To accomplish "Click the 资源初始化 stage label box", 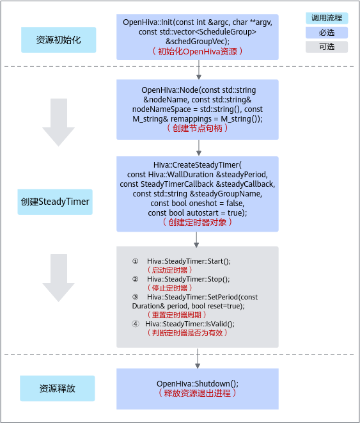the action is pos(58,40).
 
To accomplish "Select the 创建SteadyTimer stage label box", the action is pos(55,202).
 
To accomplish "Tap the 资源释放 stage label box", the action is pos(58,388).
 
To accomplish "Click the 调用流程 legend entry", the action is pos(327,18).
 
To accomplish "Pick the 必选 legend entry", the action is pos(327,33).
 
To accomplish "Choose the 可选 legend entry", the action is pos(327,47).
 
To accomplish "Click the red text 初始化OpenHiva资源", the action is pos(198,51).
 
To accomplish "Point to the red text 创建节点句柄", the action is pos(198,128).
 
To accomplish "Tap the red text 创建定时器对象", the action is pos(198,222).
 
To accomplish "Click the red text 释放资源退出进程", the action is pos(198,393).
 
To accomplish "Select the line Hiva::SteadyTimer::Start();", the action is pos(189,261).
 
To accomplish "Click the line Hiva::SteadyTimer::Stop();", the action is pos(189,279).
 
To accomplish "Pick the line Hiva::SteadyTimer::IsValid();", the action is pos(190,324).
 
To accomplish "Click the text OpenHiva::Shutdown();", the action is pos(198,383).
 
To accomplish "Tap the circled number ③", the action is pos(136,297).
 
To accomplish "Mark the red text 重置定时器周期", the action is pos(176,315).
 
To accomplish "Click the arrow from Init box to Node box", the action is pos(199,70).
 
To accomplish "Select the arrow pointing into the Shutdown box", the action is pos(198,358).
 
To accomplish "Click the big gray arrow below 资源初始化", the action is pos(58,122).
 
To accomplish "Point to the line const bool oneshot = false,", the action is pos(198,203).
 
